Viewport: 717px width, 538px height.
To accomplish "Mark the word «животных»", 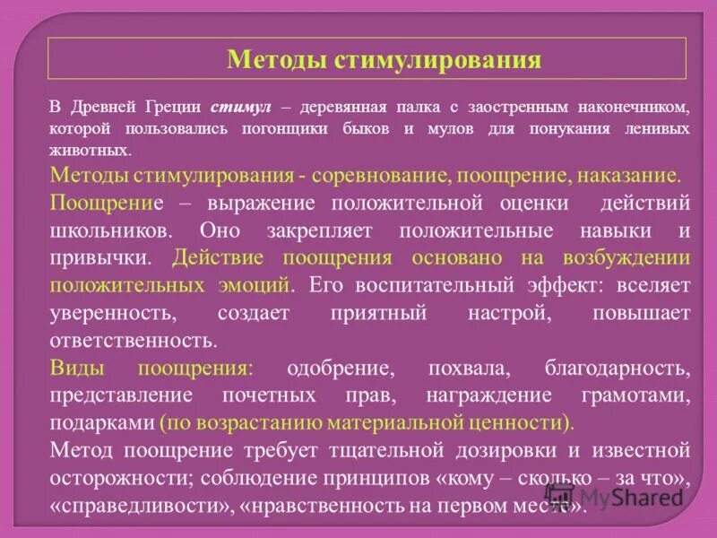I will (90, 151).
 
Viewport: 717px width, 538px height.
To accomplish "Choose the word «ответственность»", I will (134, 341).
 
